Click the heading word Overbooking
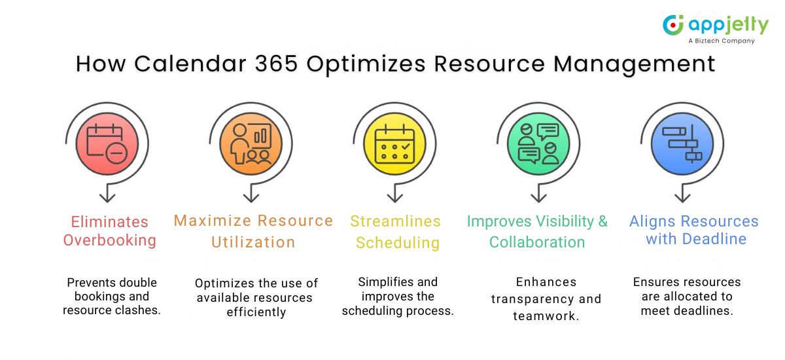click(110, 240)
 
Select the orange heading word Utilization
click(253, 242)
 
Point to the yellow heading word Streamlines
click(395, 221)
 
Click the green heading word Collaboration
click(537, 242)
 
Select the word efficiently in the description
click(256, 312)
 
